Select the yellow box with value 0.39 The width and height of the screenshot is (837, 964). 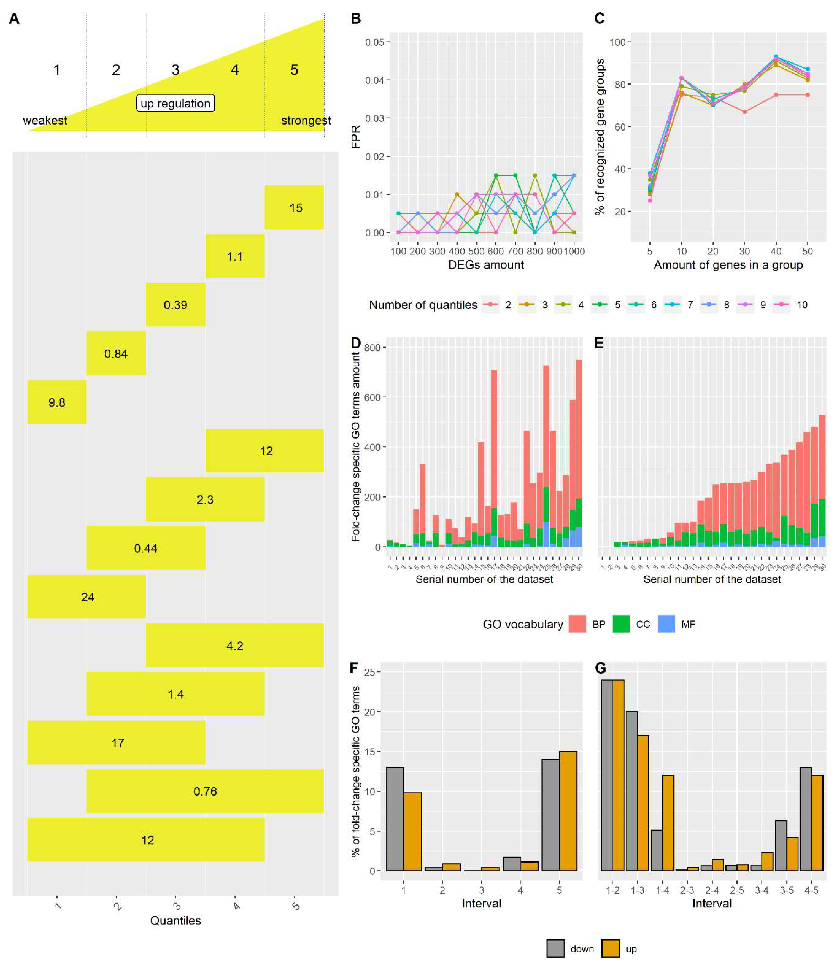click(x=176, y=304)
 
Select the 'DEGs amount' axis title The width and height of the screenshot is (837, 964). click(x=486, y=265)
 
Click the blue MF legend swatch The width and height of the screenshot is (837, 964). click(x=666, y=624)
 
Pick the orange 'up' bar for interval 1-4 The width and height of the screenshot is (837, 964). click(x=668, y=823)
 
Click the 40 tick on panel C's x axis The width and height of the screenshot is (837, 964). click(x=776, y=251)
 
